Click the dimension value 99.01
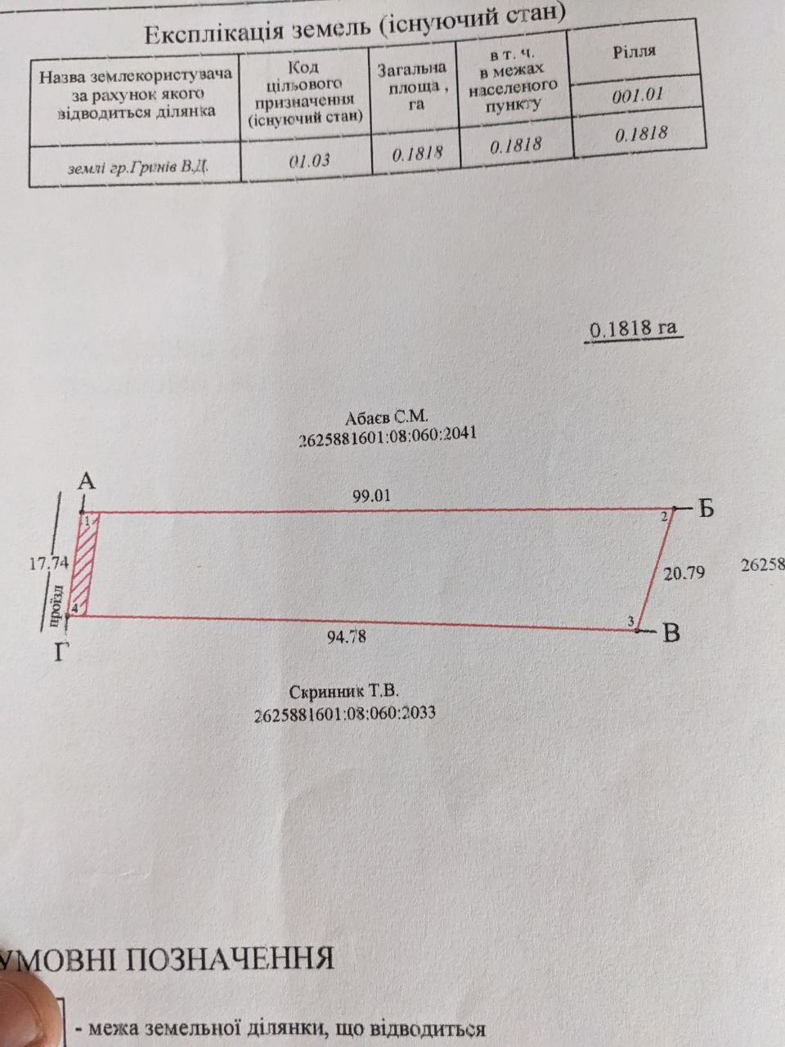tap(371, 496)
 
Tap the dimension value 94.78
tap(347, 636)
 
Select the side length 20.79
tap(684, 573)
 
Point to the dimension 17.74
tap(49, 564)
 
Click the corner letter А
tap(87, 482)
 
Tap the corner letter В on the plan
tap(671, 634)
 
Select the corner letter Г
tap(59, 652)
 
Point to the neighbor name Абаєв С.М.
tap(387, 418)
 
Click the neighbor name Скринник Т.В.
tap(343, 692)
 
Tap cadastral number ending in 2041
tap(388, 436)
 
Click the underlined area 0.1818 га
tap(634, 329)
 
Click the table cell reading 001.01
tap(638, 95)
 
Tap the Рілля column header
tap(634, 52)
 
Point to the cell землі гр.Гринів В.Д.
tap(137, 167)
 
